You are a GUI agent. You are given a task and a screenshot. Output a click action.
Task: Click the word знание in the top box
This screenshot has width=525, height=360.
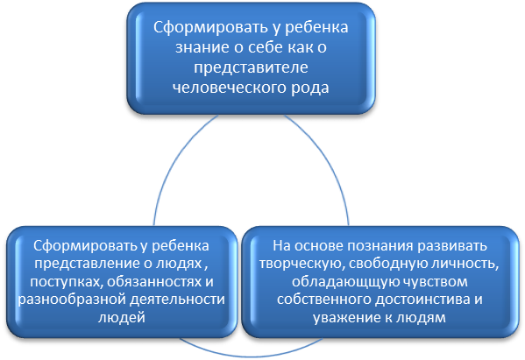[x=202, y=47]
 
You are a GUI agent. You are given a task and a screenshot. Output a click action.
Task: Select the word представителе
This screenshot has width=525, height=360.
[x=251, y=67]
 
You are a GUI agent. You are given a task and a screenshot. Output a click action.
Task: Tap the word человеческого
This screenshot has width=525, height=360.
[x=229, y=88]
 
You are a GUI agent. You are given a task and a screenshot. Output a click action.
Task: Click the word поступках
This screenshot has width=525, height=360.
[x=66, y=282]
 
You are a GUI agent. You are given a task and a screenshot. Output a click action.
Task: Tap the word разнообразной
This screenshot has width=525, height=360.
[x=72, y=300]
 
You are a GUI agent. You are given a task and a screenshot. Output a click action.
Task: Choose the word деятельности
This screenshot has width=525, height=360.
[x=177, y=300]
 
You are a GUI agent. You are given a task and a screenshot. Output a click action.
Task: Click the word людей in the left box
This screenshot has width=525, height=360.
[x=122, y=317]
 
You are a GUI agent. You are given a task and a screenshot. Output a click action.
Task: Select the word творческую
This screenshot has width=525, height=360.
[x=302, y=264]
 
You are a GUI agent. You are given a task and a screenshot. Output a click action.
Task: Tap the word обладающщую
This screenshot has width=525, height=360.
[x=342, y=282]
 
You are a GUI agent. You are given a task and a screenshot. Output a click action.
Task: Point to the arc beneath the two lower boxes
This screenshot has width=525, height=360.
[x=252, y=356]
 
